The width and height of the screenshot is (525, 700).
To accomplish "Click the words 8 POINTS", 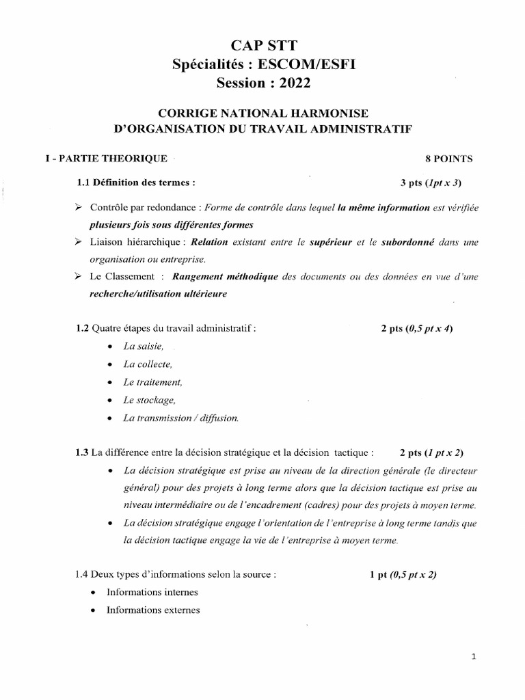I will (448, 159).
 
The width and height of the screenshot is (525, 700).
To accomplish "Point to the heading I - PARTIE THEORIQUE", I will (106, 159).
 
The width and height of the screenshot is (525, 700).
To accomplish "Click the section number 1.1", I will (84, 183).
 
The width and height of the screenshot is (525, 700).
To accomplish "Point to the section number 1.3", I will (82, 453).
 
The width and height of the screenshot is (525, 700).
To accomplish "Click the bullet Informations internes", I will (152, 592).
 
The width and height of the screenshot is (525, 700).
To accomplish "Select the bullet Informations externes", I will (153, 610).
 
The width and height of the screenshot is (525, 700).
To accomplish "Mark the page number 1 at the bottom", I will (474, 657).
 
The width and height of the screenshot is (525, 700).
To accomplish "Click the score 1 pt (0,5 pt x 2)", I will (403, 574).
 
